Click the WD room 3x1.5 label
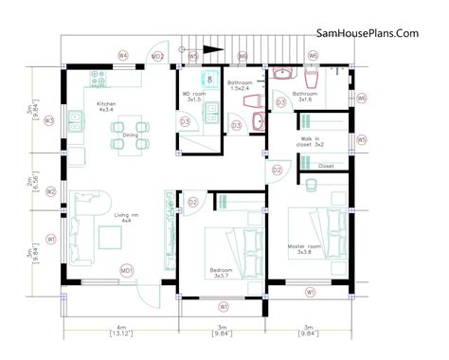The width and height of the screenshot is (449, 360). pyautogui.click(x=193, y=97)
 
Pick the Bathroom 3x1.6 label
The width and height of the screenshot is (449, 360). pyautogui.click(x=305, y=96)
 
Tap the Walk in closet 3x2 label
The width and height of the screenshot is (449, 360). pyautogui.click(x=312, y=143)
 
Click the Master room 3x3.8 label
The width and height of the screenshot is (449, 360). pyautogui.click(x=308, y=249)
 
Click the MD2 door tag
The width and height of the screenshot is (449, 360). pyautogui.click(x=159, y=57)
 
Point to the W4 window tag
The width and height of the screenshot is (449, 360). pyautogui.click(x=123, y=57)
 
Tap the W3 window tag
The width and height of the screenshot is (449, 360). pyautogui.click(x=50, y=121)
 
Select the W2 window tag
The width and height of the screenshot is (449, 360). pyautogui.click(x=50, y=191)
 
